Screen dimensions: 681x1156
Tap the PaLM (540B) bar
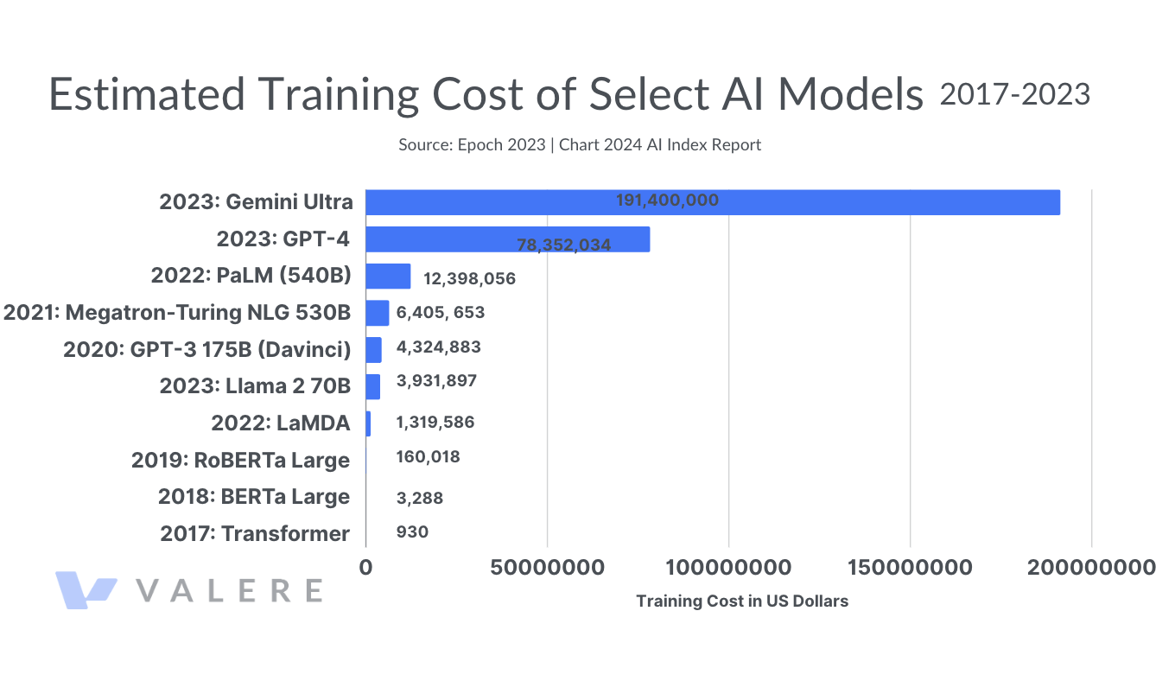(388, 277)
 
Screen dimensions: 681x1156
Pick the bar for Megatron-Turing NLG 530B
(378, 313)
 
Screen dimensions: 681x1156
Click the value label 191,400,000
(667, 200)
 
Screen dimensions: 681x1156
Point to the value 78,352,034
(564, 245)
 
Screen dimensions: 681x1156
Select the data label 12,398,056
(469, 279)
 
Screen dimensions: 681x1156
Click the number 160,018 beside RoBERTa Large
(428, 457)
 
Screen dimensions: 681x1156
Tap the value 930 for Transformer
(412, 532)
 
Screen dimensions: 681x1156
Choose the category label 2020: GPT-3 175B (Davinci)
(206, 349)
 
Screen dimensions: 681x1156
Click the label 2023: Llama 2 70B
(255, 385)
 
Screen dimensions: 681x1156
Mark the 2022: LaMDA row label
(280, 423)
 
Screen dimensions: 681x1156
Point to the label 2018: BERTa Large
(253, 497)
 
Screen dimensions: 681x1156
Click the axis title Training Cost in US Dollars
(742, 601)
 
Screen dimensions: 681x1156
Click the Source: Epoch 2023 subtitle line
(579, 145)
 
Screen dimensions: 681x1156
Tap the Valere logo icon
(86, 589)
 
